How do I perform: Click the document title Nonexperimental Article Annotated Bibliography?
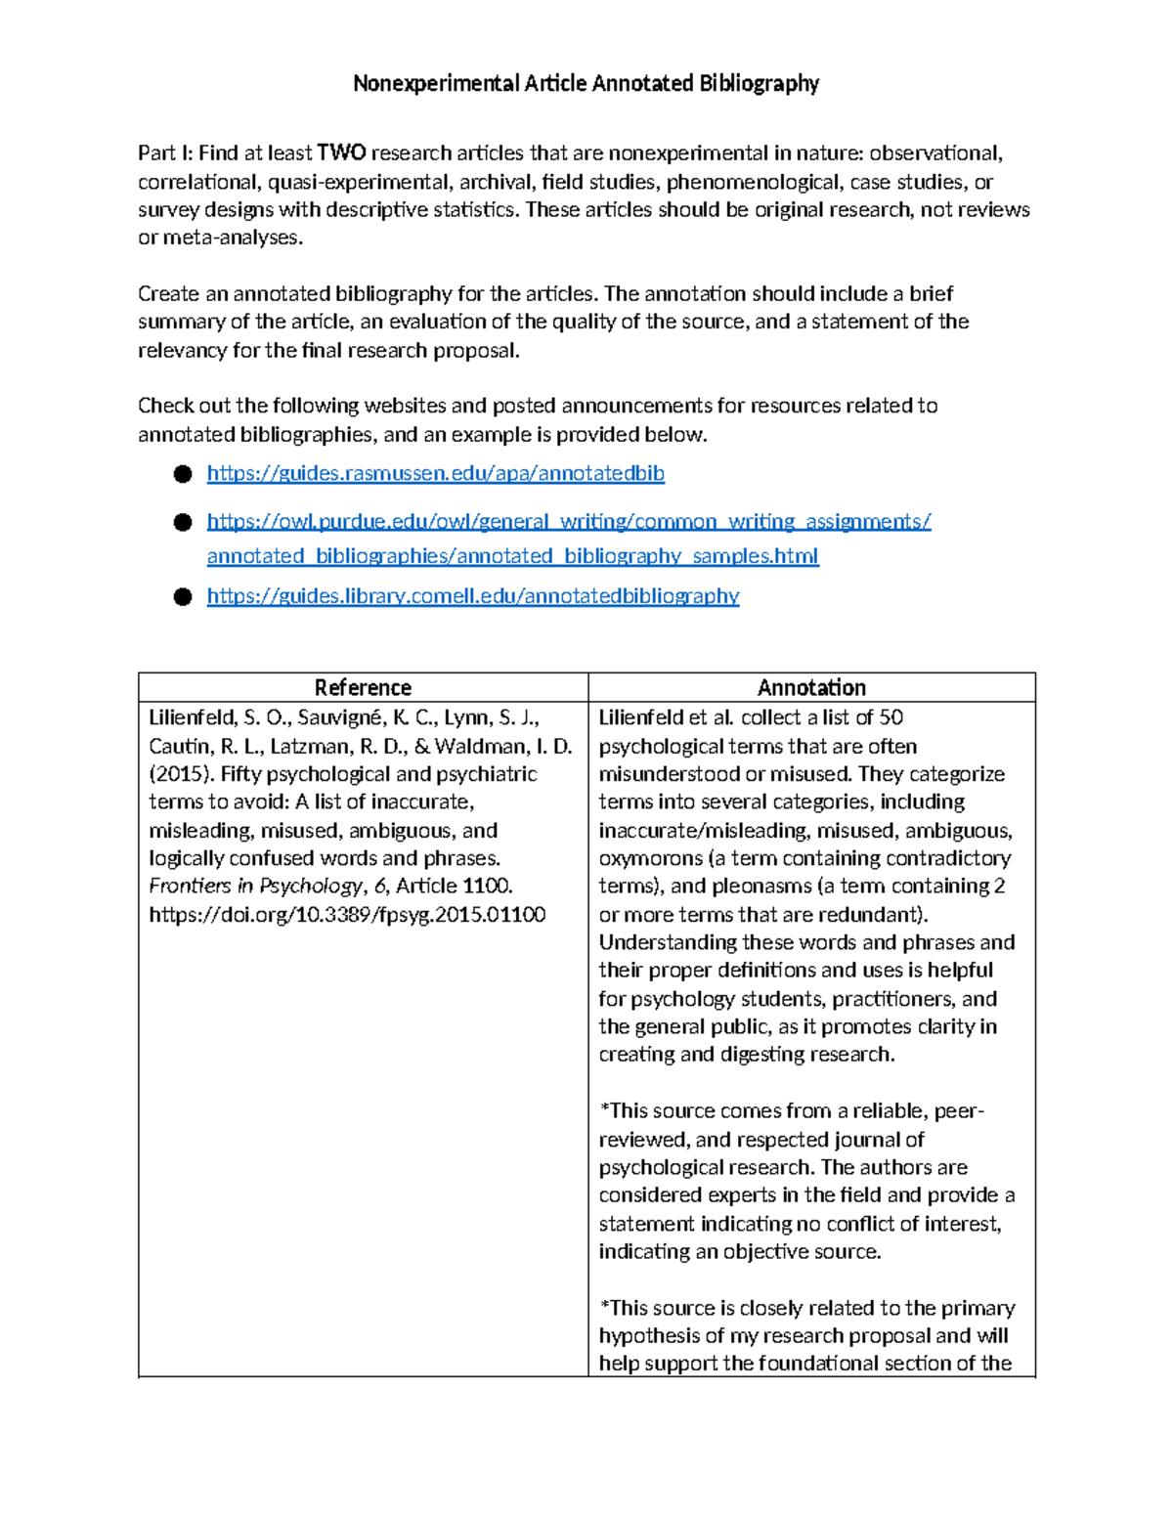click(x=586, y=83)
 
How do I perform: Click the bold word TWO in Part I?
click(x=341, y=153)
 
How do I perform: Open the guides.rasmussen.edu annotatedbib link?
click(x=435, y=473)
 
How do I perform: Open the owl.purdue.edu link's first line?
click(x=568, y=522)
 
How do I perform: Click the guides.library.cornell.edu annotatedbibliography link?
click(x=472, y=596)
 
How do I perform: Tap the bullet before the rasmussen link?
click(x=183, y=474)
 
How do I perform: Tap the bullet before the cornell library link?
click(x=183, y=597)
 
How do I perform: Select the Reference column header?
click(x=363, y=687)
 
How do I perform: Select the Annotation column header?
click(x=811, y=687)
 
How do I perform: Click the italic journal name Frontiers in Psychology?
click(x=255, y=887)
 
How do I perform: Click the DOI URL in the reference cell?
click(x=347, y=915)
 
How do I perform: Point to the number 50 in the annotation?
click(x=891, y=717)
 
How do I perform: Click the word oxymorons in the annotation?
click(x=650, y=858)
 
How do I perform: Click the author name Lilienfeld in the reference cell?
click(x=192, y=717)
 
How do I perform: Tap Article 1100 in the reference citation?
click(x=454, y=887)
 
